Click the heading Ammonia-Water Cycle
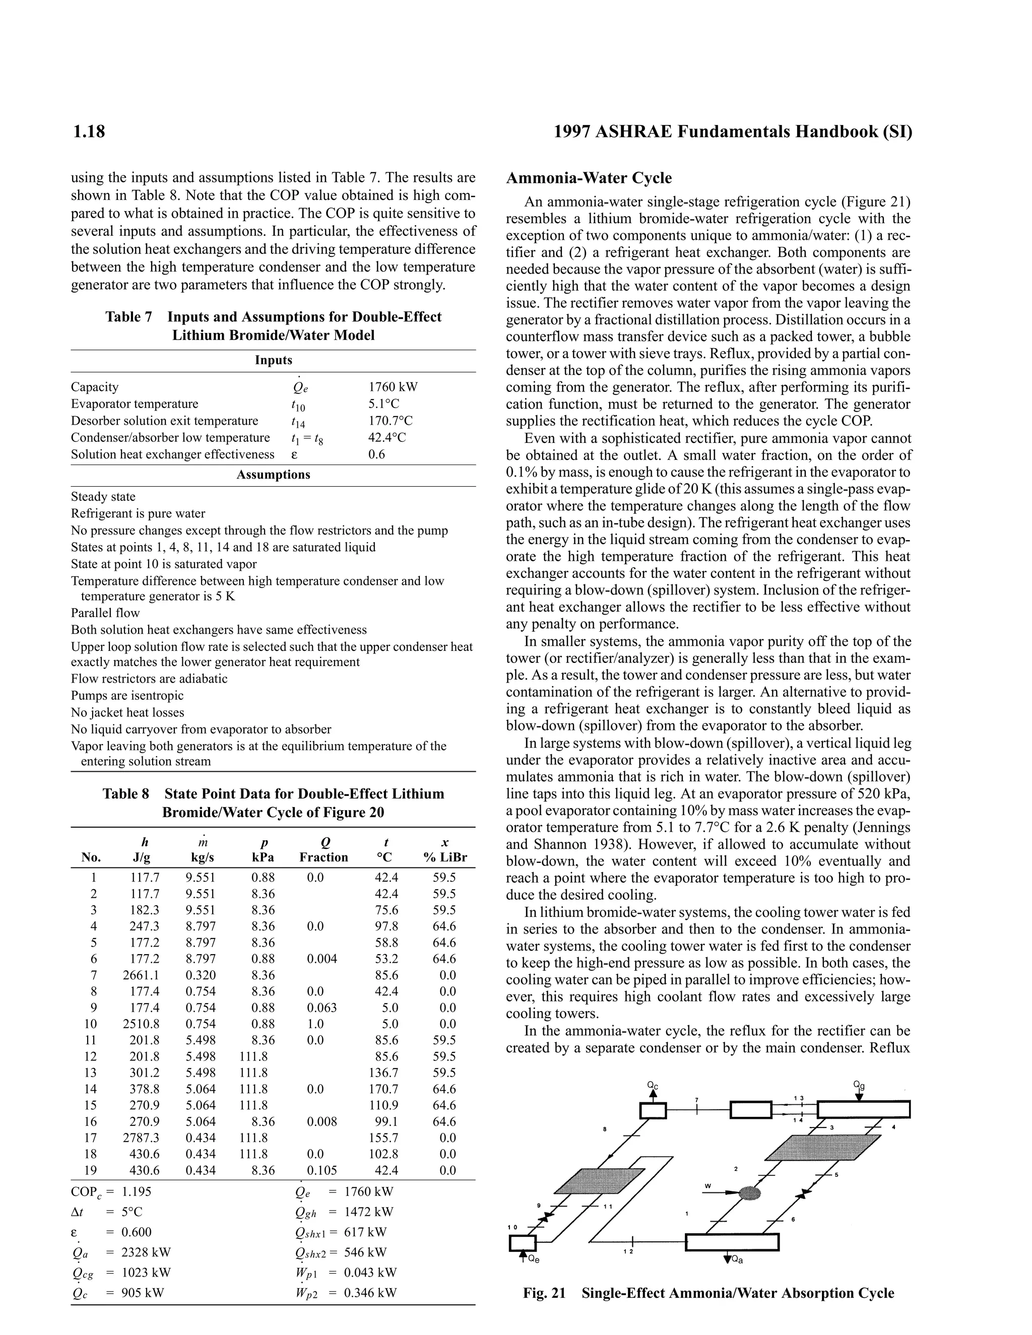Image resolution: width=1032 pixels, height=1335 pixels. [589, 178]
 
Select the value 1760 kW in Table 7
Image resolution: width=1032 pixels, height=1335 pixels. [393, 387]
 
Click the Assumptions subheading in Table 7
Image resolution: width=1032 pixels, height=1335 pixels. [273, 475]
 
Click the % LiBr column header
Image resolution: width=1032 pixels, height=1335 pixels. [445, 857]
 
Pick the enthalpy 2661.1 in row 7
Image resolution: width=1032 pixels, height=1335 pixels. [141, 975]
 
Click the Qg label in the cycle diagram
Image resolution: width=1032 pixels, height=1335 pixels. [859, 1085]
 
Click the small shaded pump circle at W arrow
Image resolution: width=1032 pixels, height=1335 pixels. [749, 1192]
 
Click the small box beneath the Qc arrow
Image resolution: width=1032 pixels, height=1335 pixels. [653, 1110]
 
